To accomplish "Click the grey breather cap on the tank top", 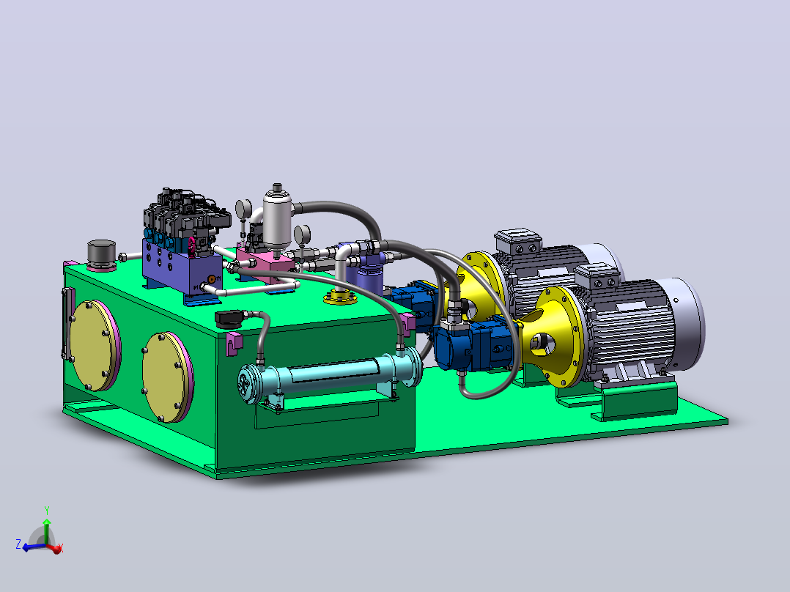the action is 101,255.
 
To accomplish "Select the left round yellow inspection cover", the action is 95,346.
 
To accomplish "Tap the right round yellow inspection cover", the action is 167,377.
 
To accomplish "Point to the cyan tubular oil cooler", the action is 330,375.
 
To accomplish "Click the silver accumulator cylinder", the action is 278,218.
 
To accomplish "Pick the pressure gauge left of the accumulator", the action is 243,209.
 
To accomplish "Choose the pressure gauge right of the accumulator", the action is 302,234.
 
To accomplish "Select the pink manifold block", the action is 265,262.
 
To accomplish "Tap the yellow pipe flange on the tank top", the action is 340,297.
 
